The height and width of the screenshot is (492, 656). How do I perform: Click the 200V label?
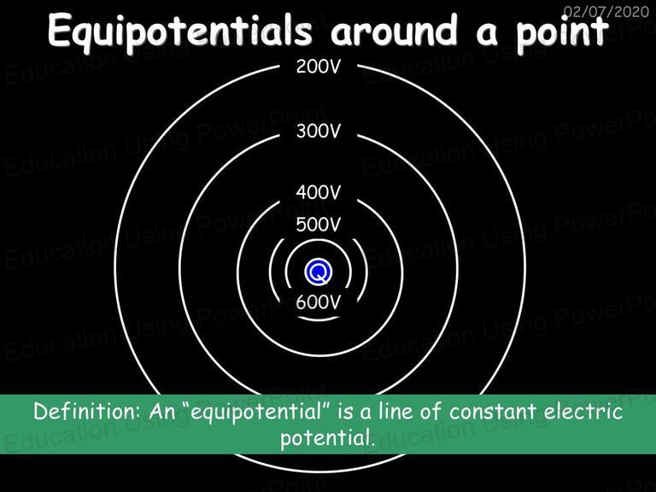pyautogui.click(x=319, y=67)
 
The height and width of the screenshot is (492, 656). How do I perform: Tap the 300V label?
pyautogui.click(x=319, y=132)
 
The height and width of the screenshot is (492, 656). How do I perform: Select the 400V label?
pyautogui.click(x=319, y=192)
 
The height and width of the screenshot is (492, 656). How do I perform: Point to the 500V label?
pyautogui.click(x=319, y=225)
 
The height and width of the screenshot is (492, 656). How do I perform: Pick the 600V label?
pyautogui.click(x=319, y=302)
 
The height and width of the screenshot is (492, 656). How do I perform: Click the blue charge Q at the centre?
pyautogui.click(x=319, y=272)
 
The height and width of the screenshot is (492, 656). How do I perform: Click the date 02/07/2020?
pyautogui.click(x=606, y=11)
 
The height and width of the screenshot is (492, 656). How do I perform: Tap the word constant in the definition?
pyautogui.click(x=494, y=412)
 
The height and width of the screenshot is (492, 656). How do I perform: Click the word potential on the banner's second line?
pyautogui.click(x=326, y=438)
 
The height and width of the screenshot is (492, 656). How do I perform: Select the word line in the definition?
pyautogui.click(x=396, y=411)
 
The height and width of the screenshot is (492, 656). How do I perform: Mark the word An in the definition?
pyautogui.click(x=162, y=411)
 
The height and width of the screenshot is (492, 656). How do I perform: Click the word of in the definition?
pyautogui.click(x=431, y=411)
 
